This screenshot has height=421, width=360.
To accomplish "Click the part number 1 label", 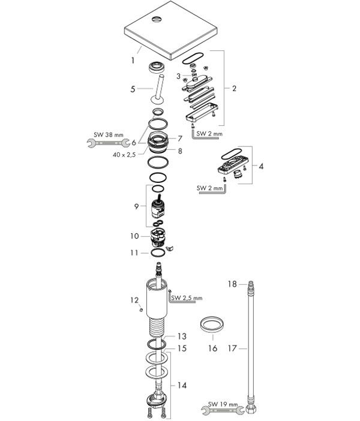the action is pos(133,61).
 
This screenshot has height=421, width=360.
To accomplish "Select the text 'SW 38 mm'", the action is pos(109,135).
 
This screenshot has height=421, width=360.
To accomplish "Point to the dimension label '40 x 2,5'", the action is pos(124,155).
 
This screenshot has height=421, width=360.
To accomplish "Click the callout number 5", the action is pos(133,89).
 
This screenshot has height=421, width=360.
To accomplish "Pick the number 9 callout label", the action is pos(136,206).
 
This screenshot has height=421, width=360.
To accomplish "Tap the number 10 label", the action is pos(134,236).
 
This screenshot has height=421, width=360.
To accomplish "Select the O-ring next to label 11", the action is pos(158,252).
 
